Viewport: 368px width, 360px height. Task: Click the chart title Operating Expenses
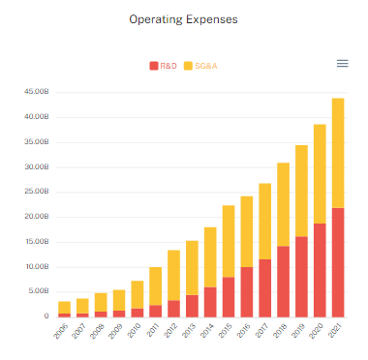click(184, 18)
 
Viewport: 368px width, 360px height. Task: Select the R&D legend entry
click(166, 65)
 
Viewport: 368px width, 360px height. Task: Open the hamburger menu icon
click(342, 63)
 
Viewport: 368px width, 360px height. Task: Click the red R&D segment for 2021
click(338, 262)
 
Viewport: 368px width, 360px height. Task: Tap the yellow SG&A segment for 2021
click(338, 153)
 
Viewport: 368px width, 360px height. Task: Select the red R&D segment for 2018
click(283, 281)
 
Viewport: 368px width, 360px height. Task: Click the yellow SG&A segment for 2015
click(228, 241)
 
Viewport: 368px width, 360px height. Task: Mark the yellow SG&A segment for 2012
click(173, 275)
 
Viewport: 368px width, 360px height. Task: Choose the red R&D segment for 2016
click(246, 291)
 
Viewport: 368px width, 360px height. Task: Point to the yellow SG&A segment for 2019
click(301, 191)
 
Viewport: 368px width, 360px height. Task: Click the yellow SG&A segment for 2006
click(64, 307)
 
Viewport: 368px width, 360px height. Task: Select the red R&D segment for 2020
click(320, 270)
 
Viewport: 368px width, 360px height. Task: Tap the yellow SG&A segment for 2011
click(155, 285)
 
